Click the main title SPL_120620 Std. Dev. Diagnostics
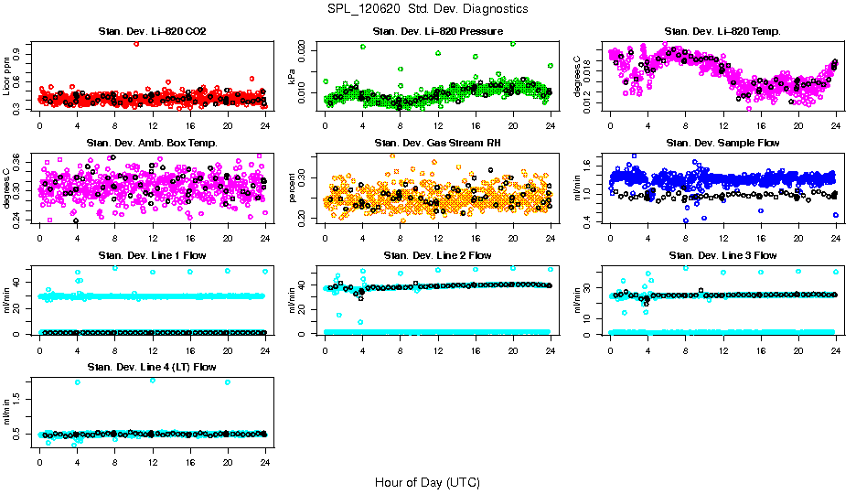pyautogui.click(x=427, y=8)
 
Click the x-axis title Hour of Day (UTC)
pyautogui.click(x=427, y=481)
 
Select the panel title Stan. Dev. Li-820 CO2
pyautogui.click(x=152, y=32)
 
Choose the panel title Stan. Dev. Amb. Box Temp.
pyautogui.click(x=152, y=144)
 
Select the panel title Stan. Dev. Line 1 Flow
pyautogui.click(x=152, y=255)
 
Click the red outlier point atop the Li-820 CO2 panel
pyautogui.click(x=136, y=43)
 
